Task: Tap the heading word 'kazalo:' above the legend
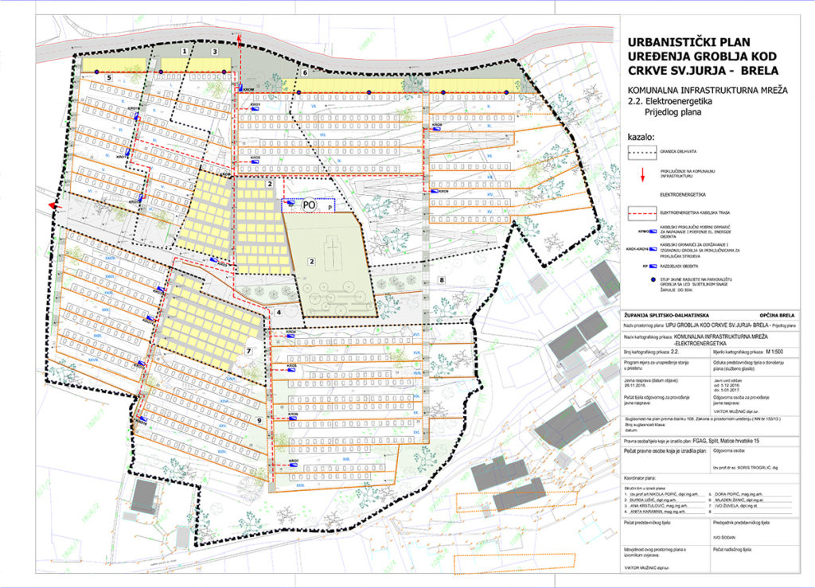(x=641, y=136)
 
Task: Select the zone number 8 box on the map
(x=441, y=280)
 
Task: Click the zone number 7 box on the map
(x=249, y=350)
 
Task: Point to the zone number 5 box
(x=107, y=78)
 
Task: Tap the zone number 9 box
(x=259, y=420)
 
